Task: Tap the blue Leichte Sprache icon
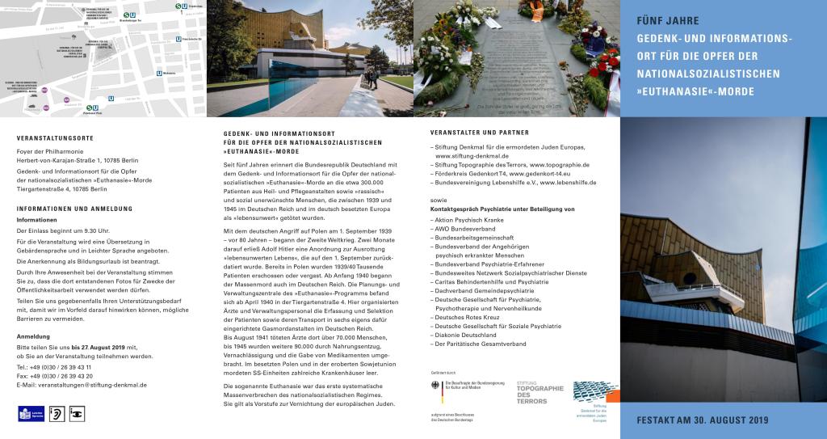pyautogui.click(x=24, y=414)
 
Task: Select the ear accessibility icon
pyautogui.click(x=57, y=414)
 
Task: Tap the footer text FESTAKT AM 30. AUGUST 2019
pyautogui.click(x=701, y=420)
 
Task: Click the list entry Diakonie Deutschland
pyautogui.click(x=467, y=334)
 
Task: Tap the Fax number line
pyautogui.click(x=55, y=376)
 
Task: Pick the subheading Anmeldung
pyautogui.click(x=34, y=336)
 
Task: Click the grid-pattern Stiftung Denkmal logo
pyautogui.click(x=595, y=392)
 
